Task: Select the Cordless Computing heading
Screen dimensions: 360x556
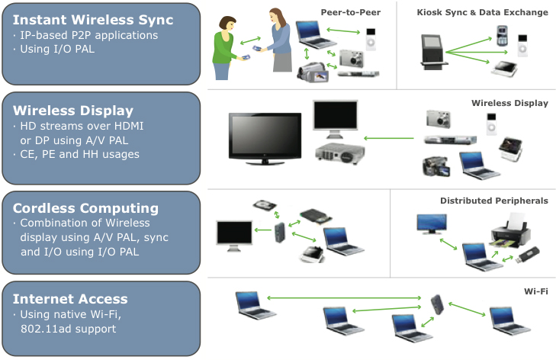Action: click(x=85, y=207)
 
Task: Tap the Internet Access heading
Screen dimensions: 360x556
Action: click(x=69, y=298)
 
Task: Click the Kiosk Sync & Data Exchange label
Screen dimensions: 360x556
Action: click(x=482, y=12)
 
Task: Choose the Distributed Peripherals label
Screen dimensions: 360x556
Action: click(x=493, y=201)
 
